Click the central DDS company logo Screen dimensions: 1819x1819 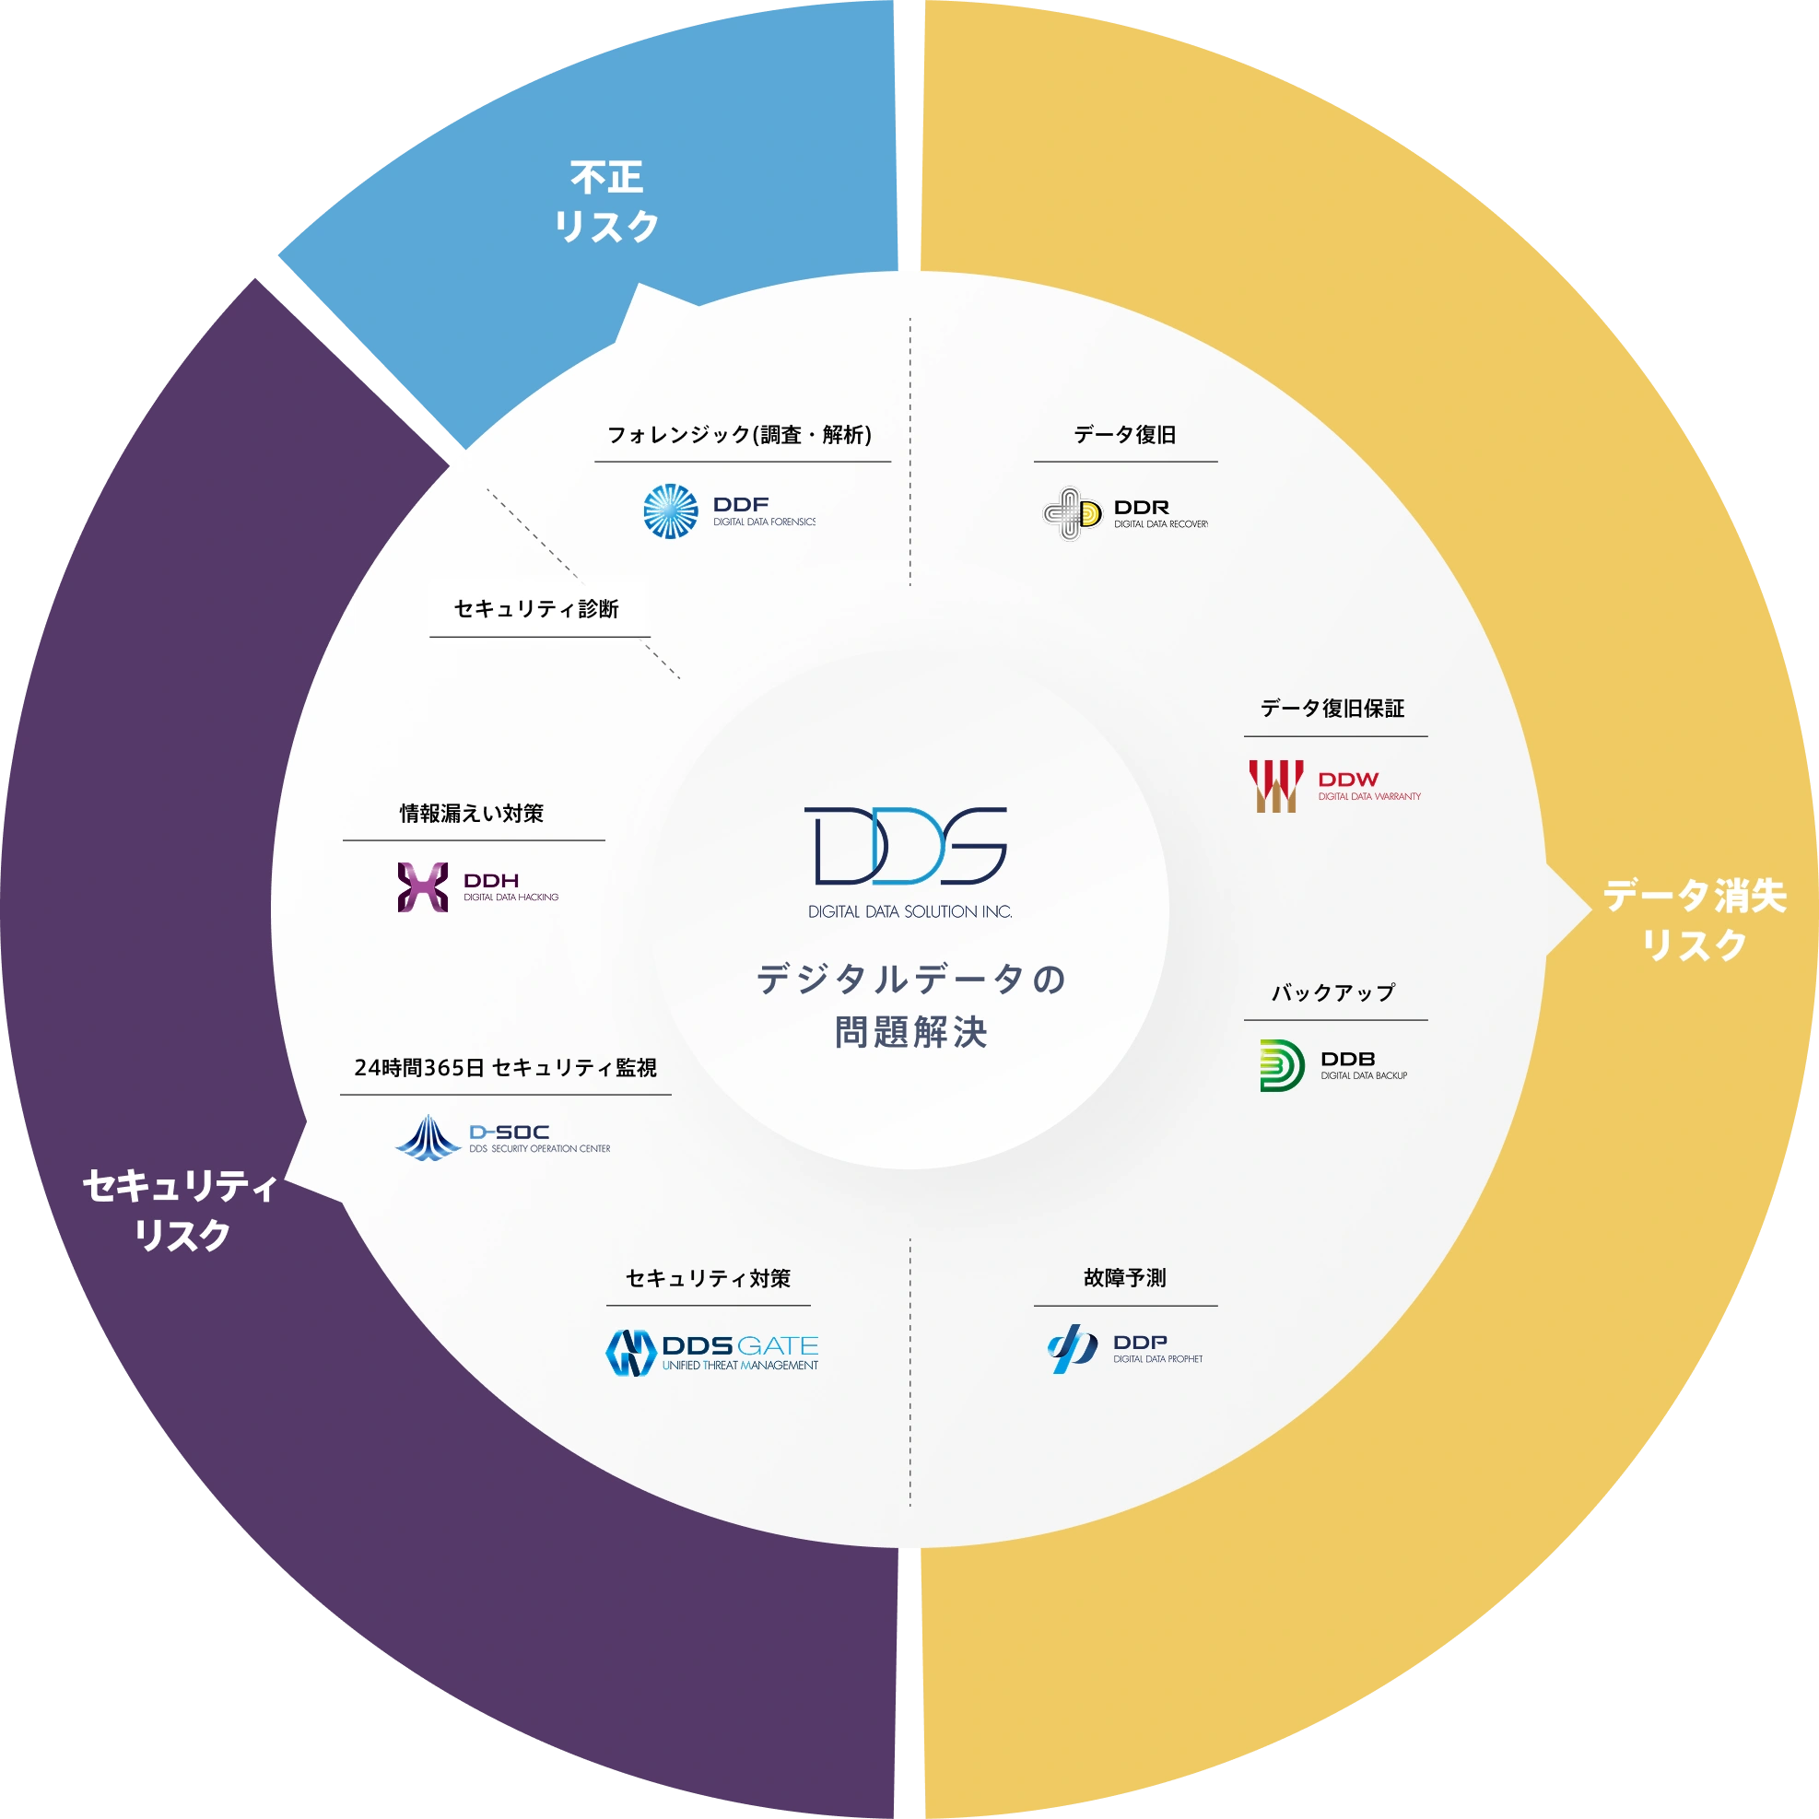pyautogui.click(x=906, y=846)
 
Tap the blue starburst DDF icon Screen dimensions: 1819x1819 pyautogui.click(x=670, y=511)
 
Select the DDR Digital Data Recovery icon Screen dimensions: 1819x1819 pyautogui.click(x=1073, y=513)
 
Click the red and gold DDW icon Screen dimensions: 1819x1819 pyautogui.click(x=1275, y=786)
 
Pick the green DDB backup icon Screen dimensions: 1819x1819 pyautogui.click(x=1283, y=1066)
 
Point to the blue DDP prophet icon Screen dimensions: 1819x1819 pyautogui.click(x=1073, y=1349)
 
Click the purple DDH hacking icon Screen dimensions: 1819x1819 pyautogui.click(x=423, y=886)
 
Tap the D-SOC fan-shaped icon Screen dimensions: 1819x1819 pyautogui.click(x=428, y=1137)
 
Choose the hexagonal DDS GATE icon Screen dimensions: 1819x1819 pyautogui.click(x=631, y=1353)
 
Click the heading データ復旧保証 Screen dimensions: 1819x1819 pyautogui.click(x=1332, y=708)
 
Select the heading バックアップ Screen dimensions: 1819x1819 pyautogui.click(x=1333, y=992)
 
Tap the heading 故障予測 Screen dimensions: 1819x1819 pyautogui.click(x=1125, y=1277)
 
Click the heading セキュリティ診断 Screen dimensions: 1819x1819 pyautogui.click(x=536, y=609)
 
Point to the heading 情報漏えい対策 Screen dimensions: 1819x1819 pyautogui.click(x=472, y=814)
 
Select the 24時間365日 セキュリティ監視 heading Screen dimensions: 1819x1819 pyautogui.click(x=506, y=1068)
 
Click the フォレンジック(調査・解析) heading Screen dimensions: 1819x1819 pyautogui.click(x=740, y=435)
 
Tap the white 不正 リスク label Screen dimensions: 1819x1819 pyautogui.click(x=606, y=202)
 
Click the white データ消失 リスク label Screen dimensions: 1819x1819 pyautogui.click(x=1696, y=920)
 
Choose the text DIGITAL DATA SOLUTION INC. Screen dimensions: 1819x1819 pyautogui.click(x=910, y=911)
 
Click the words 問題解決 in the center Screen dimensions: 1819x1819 pyautogui.click(x=911, y=1032)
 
